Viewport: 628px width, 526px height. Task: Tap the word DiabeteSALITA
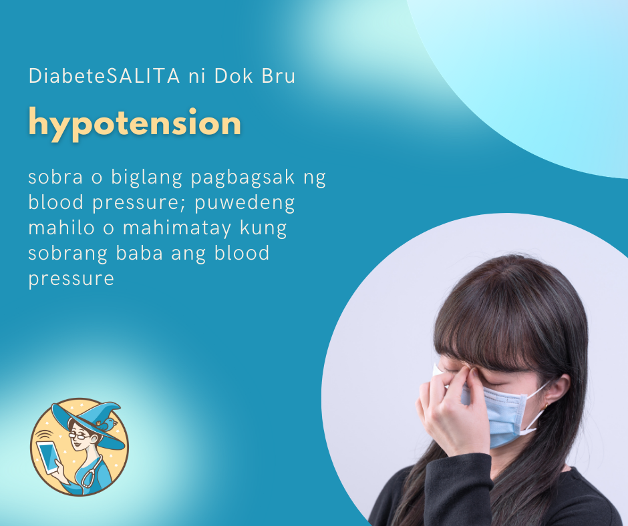click(x=104, y=75)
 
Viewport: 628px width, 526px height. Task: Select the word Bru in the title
click(x=279, y=75)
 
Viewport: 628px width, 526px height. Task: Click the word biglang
click(x=146, y=178)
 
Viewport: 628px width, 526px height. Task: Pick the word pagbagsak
click(x=243, y=178)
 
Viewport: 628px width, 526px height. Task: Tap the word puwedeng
click(x=245, y=204)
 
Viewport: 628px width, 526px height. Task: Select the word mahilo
click(x=61, y=228)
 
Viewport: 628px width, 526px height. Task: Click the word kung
click(x=263, y=228)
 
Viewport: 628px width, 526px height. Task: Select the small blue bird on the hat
click(x=108, y=424)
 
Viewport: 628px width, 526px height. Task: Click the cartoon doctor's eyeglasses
click(x=80, y=436)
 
